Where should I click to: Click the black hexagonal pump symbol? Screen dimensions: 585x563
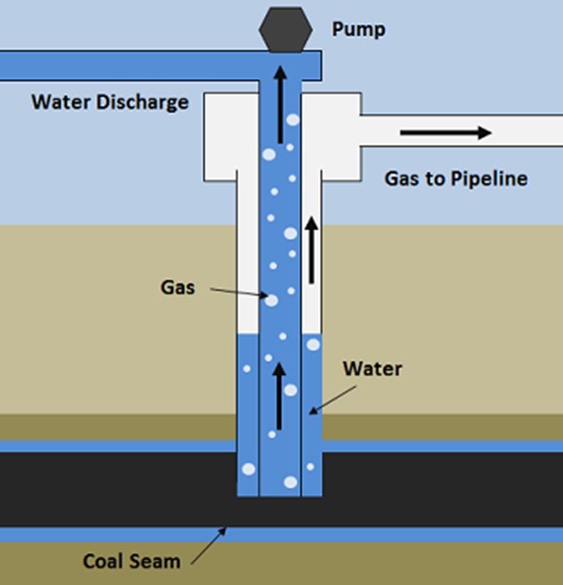tap(286, 30)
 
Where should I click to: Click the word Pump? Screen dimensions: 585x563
tap(359, 30)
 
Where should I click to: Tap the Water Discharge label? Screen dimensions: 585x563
tap(109, 102)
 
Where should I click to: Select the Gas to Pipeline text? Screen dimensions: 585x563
tap(455, 178)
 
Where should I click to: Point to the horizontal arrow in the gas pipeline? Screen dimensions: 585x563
tap(445, 133)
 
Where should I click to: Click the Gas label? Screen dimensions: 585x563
tap(178, 287)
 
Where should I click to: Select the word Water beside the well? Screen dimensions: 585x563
tap(372, 368)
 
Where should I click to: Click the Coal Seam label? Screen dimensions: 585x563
tap(131, 561)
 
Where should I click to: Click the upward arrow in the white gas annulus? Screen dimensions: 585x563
tap(312, 250)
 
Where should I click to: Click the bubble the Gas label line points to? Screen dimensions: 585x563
tap(271, 299)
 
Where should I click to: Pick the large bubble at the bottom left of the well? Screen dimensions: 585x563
tap(249, 469)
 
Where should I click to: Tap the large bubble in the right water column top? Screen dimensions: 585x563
tap(313, 344)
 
